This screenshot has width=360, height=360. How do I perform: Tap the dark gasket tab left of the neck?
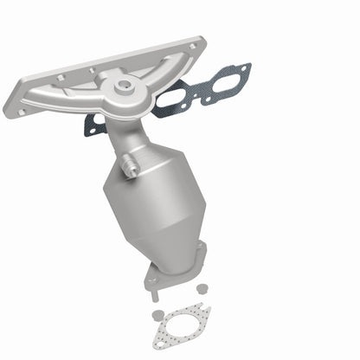click(90, 128)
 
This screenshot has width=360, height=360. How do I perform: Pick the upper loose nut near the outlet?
click(201, 287)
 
